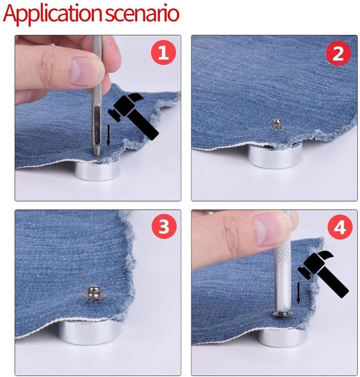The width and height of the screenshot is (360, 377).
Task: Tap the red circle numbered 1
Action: click(163, 53)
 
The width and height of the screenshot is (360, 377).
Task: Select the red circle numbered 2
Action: click(338, 54)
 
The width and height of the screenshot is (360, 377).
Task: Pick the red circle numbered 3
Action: click(164, 226)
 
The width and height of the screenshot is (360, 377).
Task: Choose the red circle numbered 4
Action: click(340, 227)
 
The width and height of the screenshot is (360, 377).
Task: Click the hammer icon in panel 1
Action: click(133, 116)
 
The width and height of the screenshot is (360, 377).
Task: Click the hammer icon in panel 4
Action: click(323, 274)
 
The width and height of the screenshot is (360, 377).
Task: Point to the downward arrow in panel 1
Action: click(109, 135)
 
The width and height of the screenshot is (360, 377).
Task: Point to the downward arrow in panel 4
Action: click(298, 293)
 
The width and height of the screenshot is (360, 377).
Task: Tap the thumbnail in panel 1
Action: click(84, 72)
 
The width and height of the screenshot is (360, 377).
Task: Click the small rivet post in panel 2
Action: click(275, 124)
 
